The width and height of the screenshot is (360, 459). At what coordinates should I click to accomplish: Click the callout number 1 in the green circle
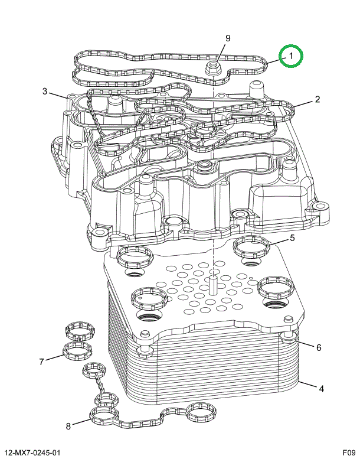tap(291, 57)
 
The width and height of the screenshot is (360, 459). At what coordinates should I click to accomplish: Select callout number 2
tap(317, 99)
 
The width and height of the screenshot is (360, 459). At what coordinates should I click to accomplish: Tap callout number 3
tap(44, 91)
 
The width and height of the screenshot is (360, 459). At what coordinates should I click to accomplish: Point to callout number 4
tap(321, 389)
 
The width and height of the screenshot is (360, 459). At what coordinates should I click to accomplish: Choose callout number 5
tap(292, 238)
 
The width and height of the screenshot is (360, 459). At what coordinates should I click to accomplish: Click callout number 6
tap(318, 347)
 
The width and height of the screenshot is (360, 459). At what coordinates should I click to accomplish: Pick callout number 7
tap(41, 362)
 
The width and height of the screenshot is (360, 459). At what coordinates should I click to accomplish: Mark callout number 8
tap(68, 425)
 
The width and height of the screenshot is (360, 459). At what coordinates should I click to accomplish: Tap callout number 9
tap(227, 39)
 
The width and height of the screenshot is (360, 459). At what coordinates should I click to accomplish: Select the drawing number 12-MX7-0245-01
tap(31, 452)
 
